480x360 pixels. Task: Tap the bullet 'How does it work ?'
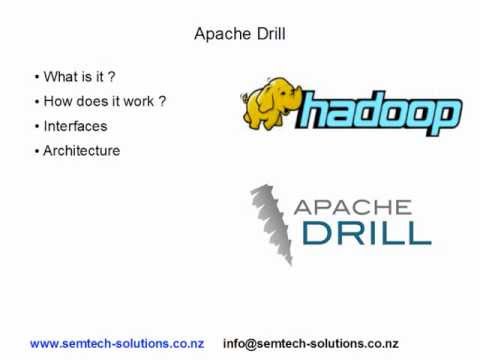(104, 101)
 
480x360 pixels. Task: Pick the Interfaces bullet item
(75, 126)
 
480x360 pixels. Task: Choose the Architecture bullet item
(82, 151)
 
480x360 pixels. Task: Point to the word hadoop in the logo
(380, 113)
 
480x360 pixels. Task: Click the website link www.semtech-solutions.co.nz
(117, 343)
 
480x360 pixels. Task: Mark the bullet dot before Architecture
(37, 151)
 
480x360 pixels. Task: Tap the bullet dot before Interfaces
(37, 126)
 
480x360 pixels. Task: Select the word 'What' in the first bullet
(61, 76)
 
